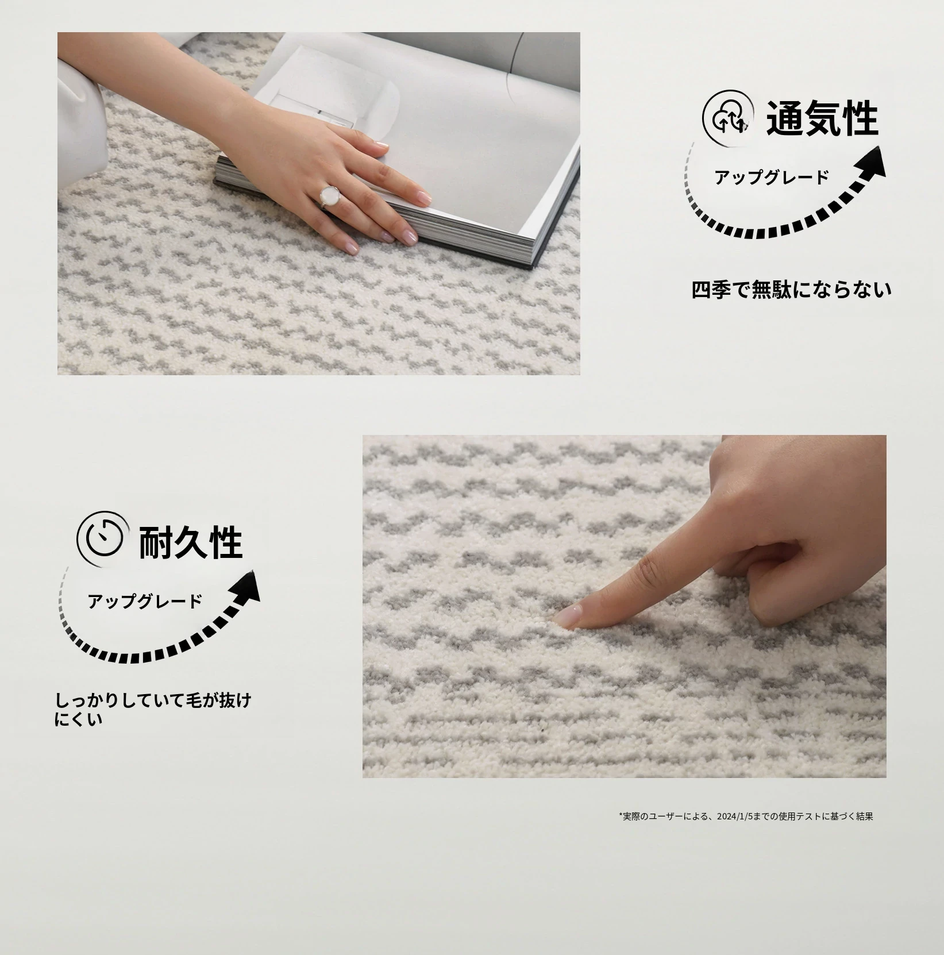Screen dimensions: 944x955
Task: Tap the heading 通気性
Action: (822, 118)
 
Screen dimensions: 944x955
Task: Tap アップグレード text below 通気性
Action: (771, 177)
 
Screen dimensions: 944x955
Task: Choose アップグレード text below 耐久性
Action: (145, 601)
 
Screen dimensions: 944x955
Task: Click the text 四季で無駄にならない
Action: (792, 290)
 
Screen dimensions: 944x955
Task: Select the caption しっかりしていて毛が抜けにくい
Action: (153, 709)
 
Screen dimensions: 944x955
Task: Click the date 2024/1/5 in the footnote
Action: (735, 816)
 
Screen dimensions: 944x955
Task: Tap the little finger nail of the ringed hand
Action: (349, 247)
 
